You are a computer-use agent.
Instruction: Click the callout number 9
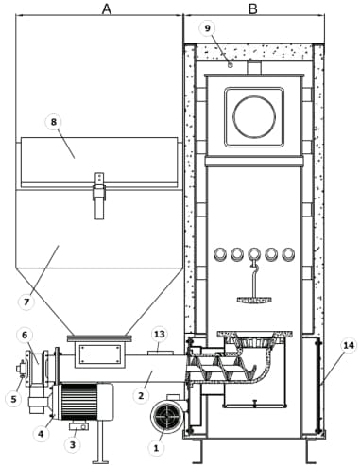click(x=207, y=28)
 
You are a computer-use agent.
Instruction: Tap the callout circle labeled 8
click(x=54, y=122)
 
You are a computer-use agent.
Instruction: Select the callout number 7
click(x=26, y=302)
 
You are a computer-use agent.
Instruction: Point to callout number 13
click(x=160, y=334)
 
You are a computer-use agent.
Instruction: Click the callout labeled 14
click(x=349, y=346)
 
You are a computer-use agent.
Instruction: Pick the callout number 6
click(x=25, y=335)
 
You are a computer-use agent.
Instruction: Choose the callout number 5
click(x=13, y=399)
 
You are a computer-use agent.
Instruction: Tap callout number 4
click(x=41, y=434)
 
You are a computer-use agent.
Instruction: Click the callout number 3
click(x=73, y=444)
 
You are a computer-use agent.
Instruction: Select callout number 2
click(x=141, y=395)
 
